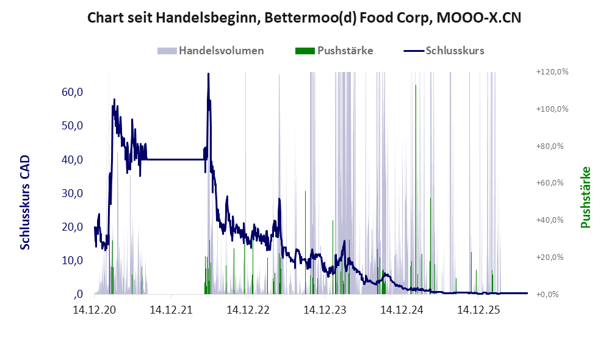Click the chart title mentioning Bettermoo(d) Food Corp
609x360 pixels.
[304, 18]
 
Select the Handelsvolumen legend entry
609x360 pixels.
[211, 51]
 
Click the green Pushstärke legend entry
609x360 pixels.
[334, 51]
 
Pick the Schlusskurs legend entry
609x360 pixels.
[444, 51]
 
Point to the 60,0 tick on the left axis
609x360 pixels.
[72, 92]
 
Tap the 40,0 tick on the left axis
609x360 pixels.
[72, 160]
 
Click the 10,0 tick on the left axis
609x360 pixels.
[72, 261]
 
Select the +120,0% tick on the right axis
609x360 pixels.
[552, 72]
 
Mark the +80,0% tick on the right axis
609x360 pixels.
[550, 146]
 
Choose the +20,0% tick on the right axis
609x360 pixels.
[550, 257]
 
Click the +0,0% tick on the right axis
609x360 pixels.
[547, 294]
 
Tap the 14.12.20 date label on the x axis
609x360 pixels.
[95, 310]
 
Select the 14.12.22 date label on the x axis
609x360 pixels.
[248, 310]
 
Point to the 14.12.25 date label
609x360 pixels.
[478, 310]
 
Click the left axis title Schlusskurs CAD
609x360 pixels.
[25, 203]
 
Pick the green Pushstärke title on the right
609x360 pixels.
[585, 198]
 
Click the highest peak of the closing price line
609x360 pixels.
[208, 74]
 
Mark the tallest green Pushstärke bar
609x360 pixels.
[416, 189]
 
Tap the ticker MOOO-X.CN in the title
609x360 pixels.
[479, 18]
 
